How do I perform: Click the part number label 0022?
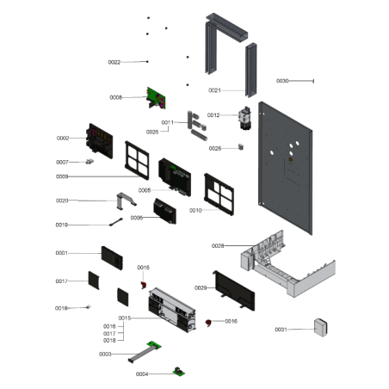[114, 62]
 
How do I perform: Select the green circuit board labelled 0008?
[156, 98]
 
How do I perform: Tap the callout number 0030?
[282, 81]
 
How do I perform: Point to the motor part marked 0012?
[245, 118]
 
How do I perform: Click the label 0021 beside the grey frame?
[214, 90]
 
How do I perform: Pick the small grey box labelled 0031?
[321, 327]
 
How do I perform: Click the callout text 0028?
[218, 246]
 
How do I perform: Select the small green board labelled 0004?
[179, 371]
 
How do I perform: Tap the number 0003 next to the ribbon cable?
[105, 355]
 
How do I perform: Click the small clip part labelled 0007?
[90, 162]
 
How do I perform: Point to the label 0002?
[63, 139]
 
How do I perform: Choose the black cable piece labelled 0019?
[116, 222]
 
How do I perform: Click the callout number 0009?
[62, 176]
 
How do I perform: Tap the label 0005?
[145, 190]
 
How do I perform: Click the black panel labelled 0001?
[112, 258]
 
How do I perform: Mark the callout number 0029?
[201, 287]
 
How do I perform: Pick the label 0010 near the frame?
[195, 211]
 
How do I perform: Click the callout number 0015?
[125, 318]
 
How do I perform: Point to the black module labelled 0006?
[165, 211]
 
